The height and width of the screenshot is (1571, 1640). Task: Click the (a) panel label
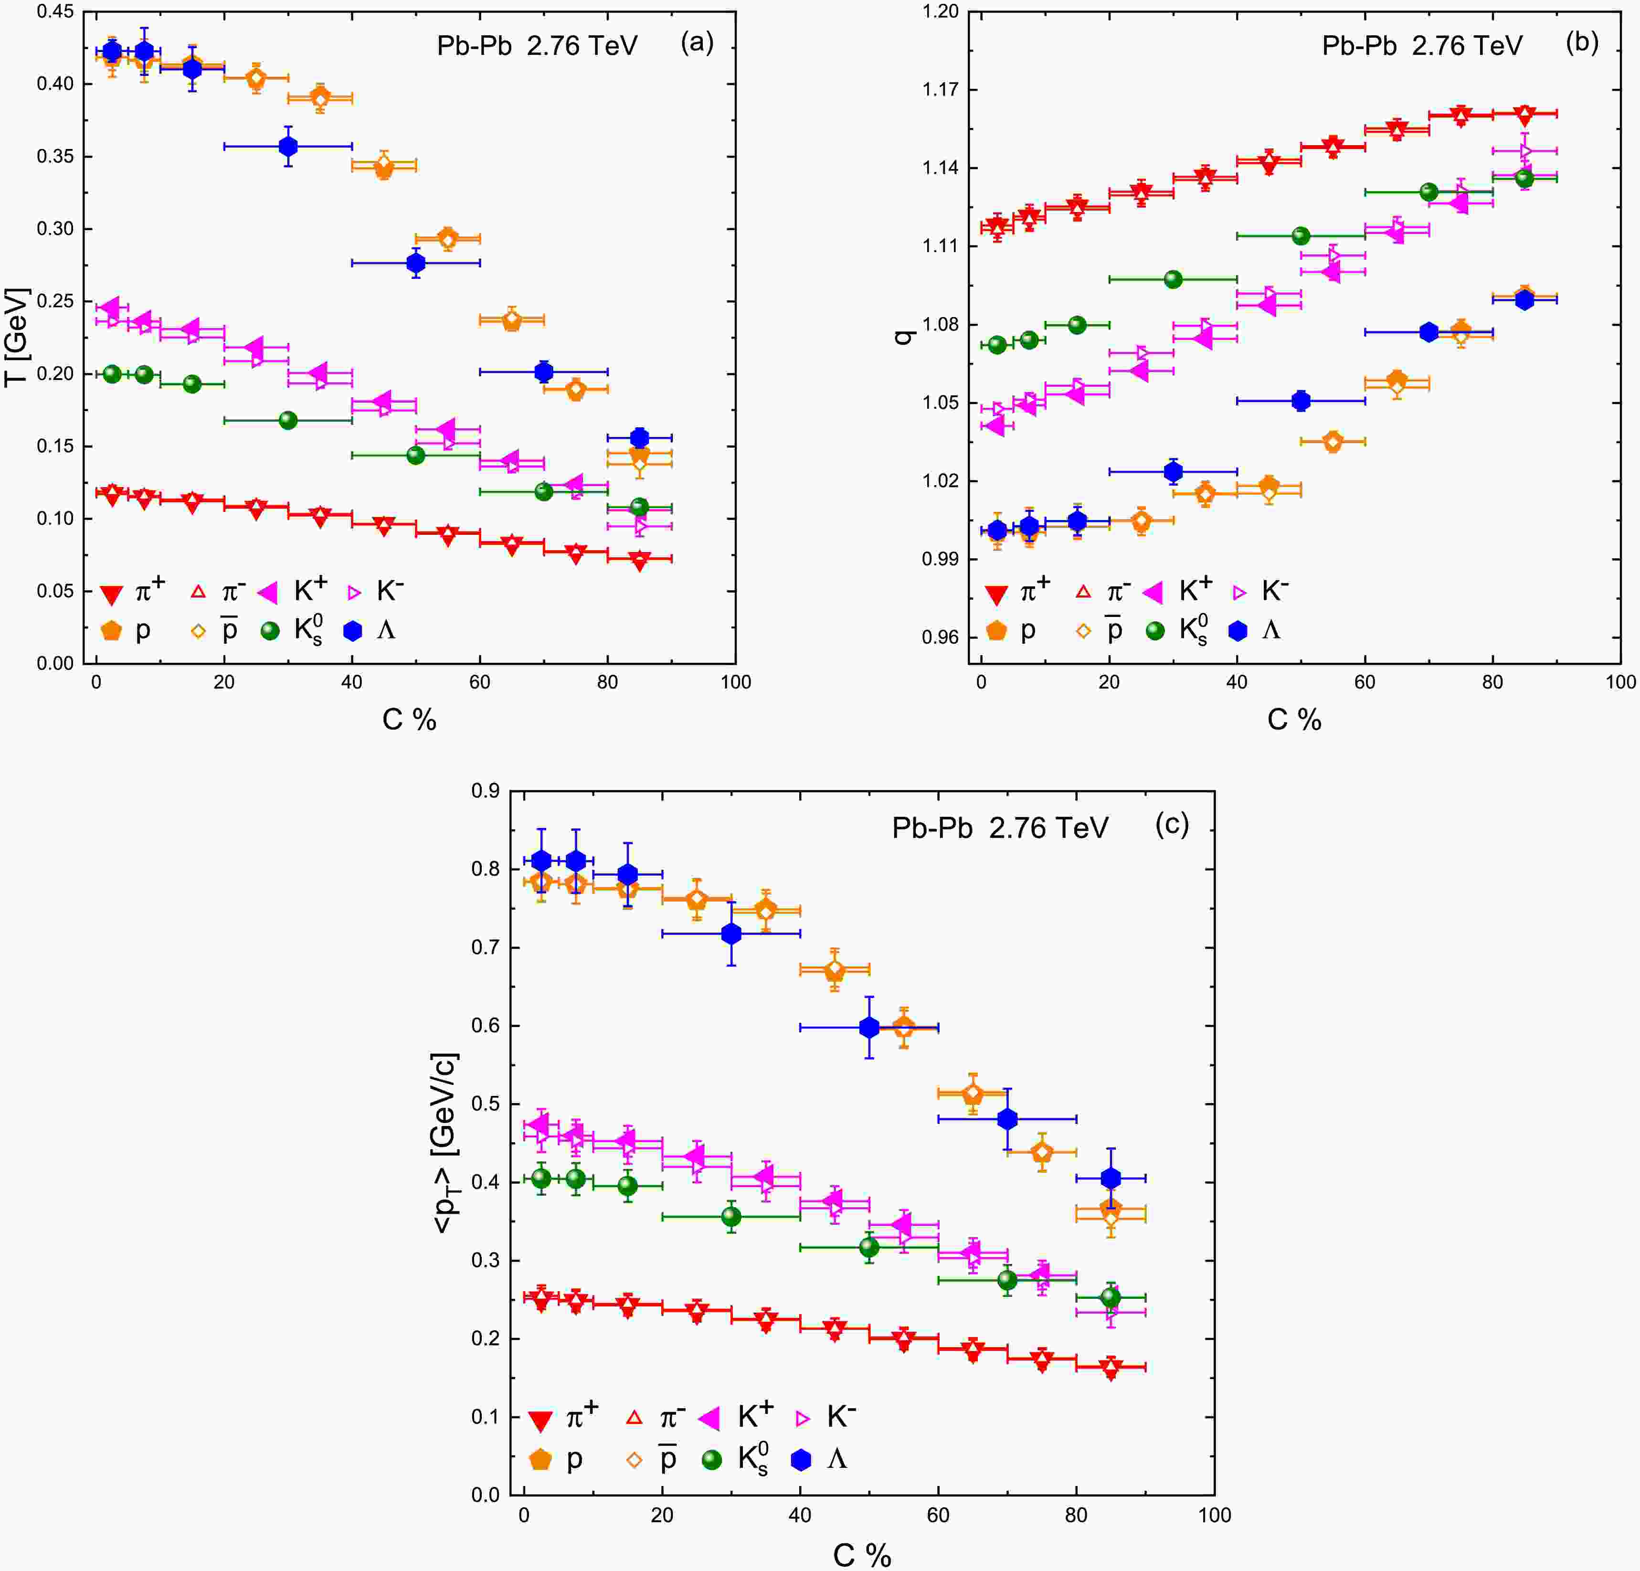697,42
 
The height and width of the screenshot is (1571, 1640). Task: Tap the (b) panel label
1581,42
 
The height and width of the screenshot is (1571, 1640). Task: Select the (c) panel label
1172,825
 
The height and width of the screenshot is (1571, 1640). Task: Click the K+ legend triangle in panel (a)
268,593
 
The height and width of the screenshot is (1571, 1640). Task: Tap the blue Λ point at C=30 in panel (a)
288,147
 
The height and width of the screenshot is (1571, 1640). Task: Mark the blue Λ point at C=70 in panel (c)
1007,1119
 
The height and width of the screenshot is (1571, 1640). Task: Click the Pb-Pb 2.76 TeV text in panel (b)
1422,45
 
